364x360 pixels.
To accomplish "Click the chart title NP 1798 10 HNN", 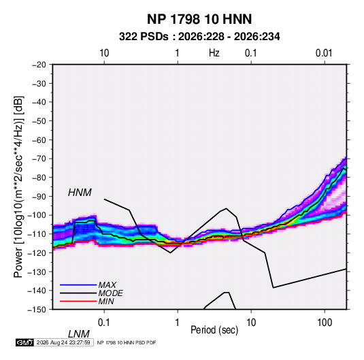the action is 199,19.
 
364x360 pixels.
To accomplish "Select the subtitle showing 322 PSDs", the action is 199,37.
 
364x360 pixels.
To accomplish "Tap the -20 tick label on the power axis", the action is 39,65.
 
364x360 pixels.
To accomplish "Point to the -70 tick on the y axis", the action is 39,159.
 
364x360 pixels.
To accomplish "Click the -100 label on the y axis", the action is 37,215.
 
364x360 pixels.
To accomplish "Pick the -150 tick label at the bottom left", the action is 37,310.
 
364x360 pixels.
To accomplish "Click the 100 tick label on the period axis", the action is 325,323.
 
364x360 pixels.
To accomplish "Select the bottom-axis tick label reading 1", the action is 178,323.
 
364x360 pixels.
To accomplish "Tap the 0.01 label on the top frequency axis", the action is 324,53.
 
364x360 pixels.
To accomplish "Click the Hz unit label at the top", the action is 214,53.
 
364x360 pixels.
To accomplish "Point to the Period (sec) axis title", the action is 214,330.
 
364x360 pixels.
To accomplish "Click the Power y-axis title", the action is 18,186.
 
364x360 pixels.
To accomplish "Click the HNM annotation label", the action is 80,193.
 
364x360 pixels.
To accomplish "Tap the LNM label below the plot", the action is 78,334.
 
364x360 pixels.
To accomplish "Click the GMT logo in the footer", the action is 25,342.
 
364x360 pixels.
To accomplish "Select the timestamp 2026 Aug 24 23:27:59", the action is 63,342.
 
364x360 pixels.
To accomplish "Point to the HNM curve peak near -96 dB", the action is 226,208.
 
